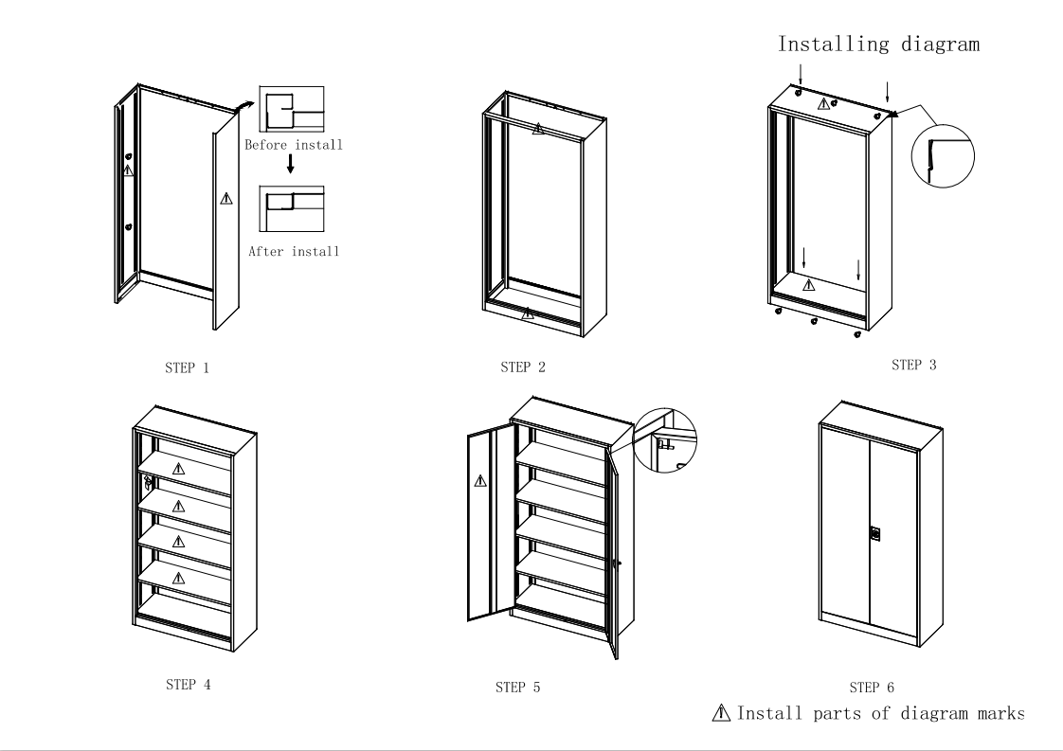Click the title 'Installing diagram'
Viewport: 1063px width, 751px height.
tap(878, 44)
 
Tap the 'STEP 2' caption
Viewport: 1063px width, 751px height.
tap(522, 367)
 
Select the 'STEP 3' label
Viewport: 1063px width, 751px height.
tap(913, 365)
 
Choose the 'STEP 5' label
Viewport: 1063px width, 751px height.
tap(517, 688)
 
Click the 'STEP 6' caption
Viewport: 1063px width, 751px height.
tap(871, 688)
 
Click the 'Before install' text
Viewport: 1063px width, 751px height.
tap(294, 146)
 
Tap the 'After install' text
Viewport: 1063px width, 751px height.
tap(294, 252)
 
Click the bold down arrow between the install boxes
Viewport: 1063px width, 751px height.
tap(291, 165)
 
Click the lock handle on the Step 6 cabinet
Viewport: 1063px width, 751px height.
tap(874, 533)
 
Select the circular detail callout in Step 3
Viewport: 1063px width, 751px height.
tap(942, 152)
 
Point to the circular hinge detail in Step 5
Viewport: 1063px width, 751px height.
tap(664, 438)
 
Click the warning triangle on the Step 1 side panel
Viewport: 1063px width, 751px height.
tap(225, 198)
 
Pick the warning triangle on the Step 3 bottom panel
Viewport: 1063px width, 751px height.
tap(808, 284)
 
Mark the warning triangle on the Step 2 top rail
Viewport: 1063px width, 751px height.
tap(538, 128)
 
